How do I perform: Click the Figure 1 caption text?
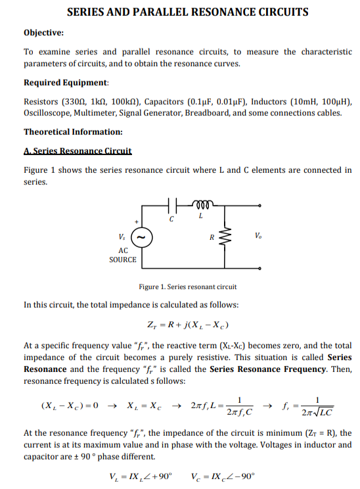(188, 287)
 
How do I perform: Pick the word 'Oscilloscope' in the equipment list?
(48, 112)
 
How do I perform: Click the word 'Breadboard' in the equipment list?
(208, 112)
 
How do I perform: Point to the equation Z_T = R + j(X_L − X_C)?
(187, 325)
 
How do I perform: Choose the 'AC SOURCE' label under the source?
(123, 256)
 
